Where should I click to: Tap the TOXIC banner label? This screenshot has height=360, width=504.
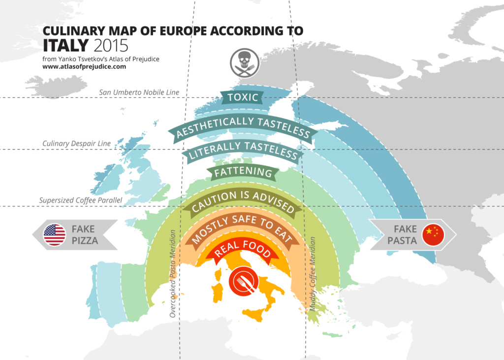pos(243,97)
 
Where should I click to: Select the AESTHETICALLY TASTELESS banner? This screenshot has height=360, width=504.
pos(243,126)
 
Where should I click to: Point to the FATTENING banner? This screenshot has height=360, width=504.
pos(243,173)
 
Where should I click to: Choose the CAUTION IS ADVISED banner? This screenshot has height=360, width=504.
pos(243,201)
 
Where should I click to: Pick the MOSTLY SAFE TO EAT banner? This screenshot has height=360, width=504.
pos(243,229)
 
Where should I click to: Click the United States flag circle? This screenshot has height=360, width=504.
pos(55,235)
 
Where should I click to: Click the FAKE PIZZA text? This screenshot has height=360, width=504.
pos(85,235)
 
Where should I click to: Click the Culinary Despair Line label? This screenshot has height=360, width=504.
pos(77,144)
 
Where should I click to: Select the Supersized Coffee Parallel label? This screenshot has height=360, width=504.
pos(80,200)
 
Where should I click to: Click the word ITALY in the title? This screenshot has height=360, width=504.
pos(65,45)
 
